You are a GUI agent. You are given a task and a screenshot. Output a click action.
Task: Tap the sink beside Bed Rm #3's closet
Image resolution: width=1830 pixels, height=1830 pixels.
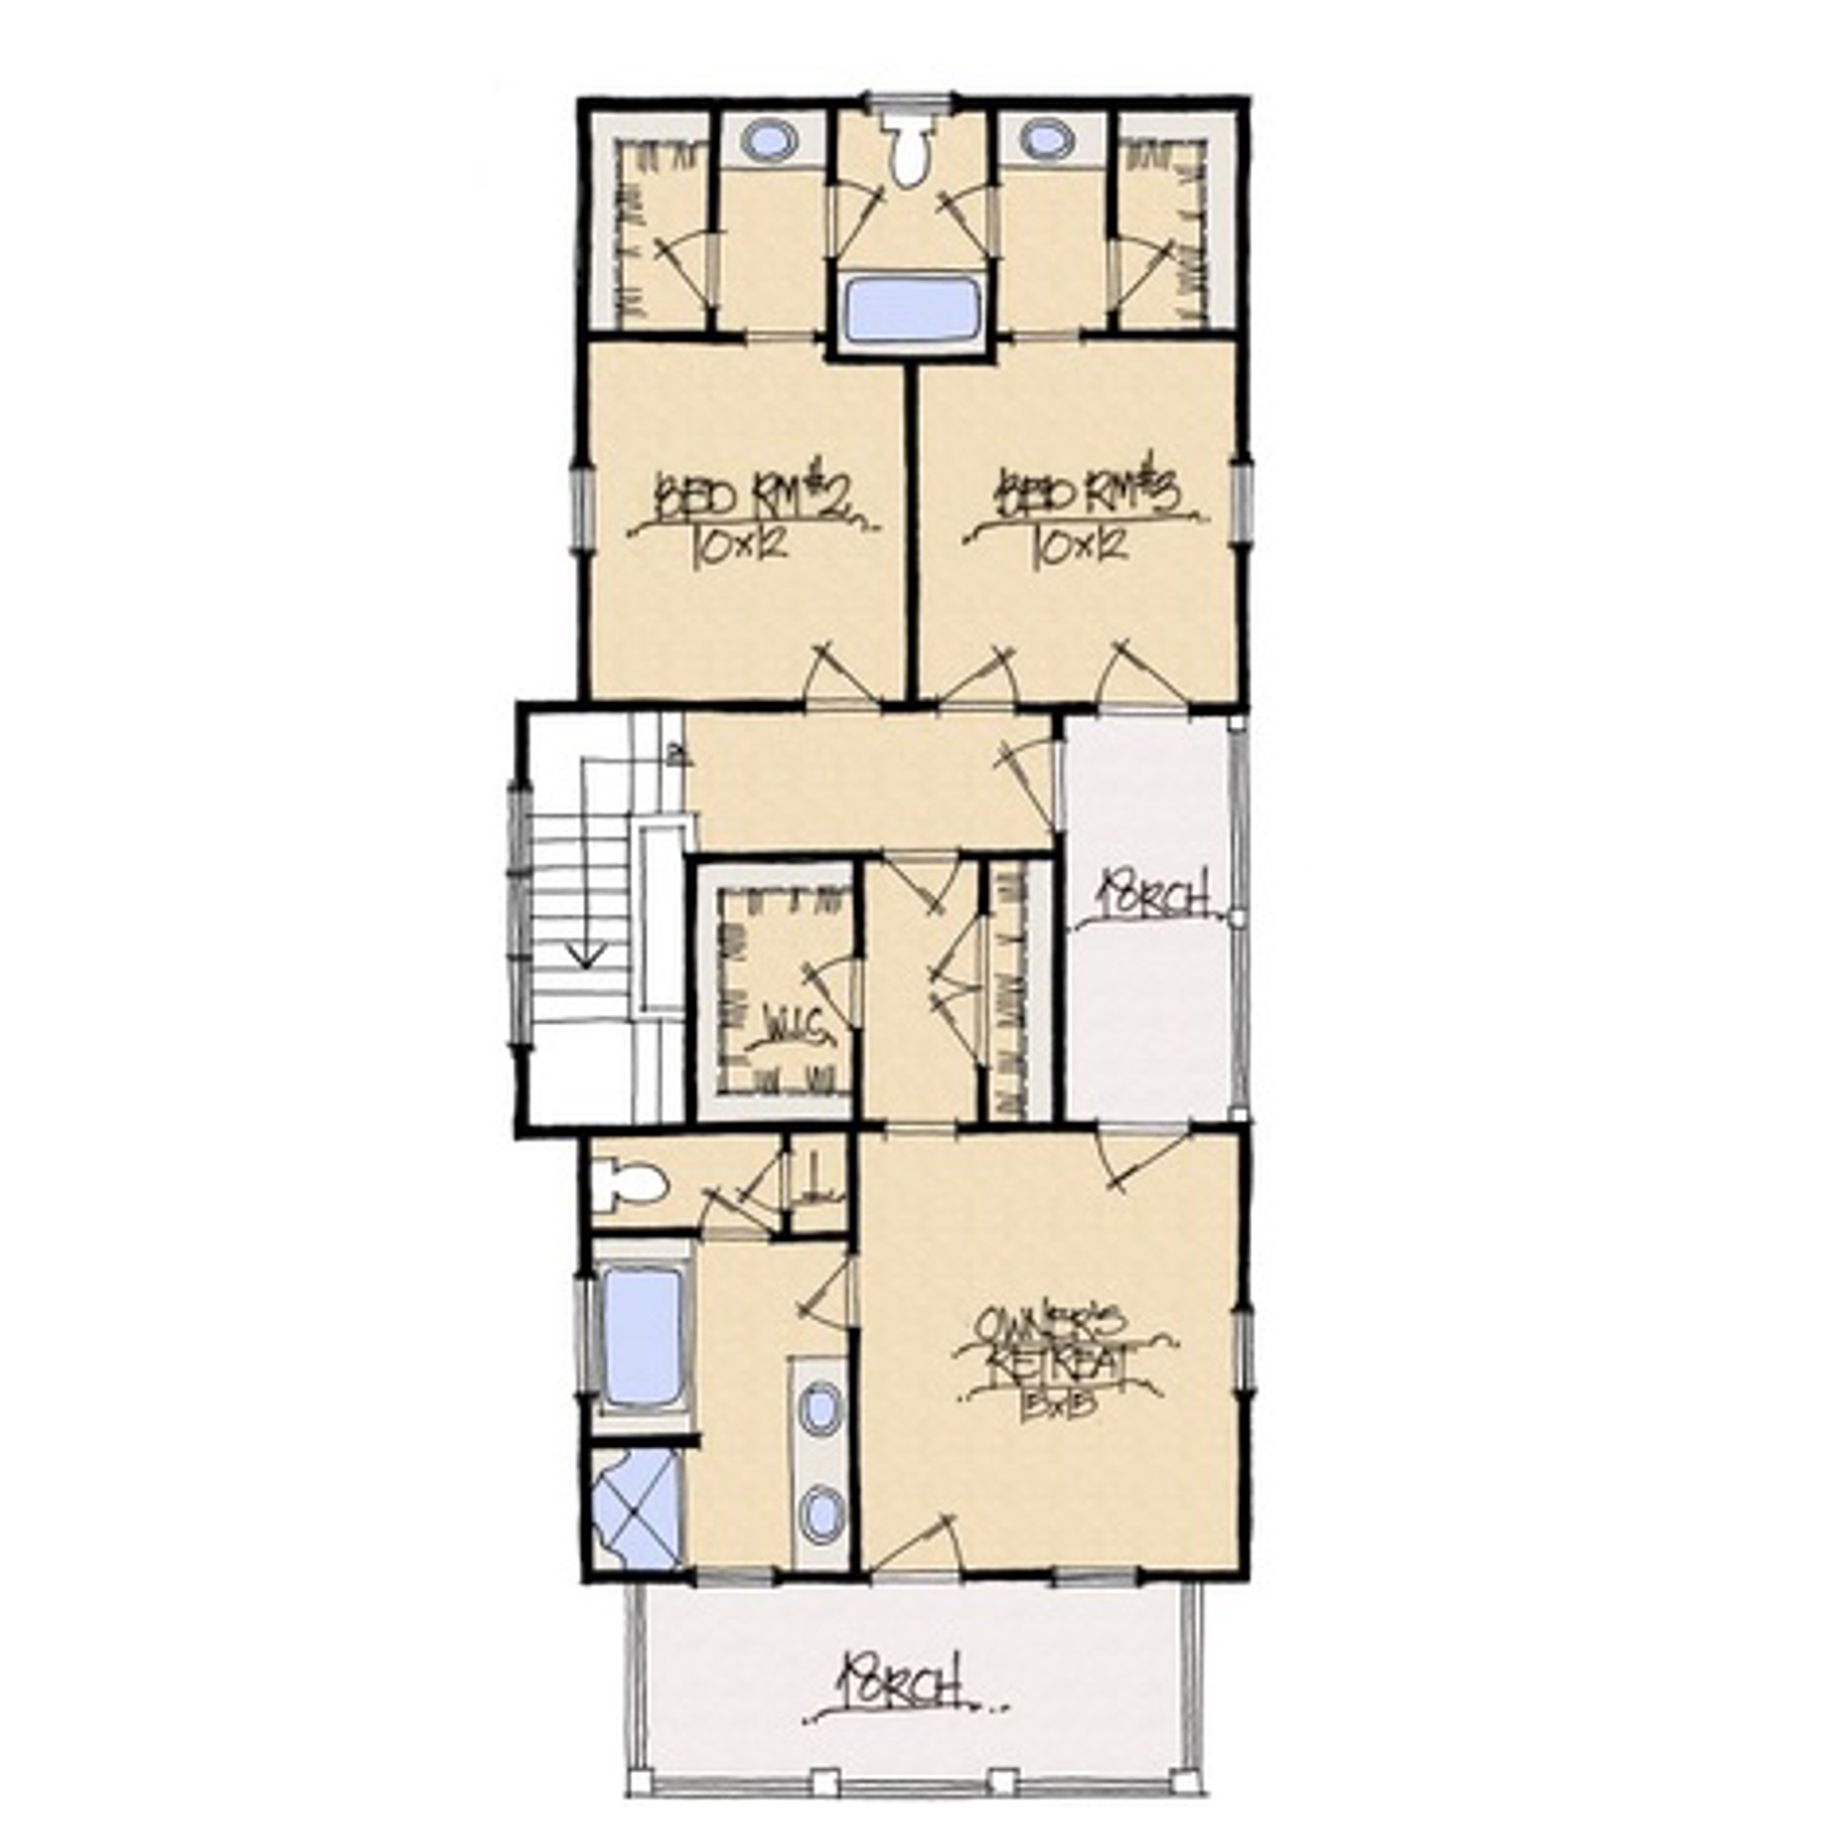pos(1048,139)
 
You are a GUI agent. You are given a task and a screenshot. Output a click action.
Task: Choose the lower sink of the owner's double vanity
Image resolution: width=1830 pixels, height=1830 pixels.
pos(820,1509)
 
